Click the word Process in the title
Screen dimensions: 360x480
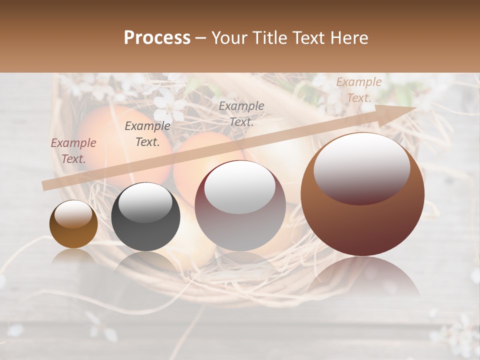tap(157, 38)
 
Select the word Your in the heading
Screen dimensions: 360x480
tap(228, 38)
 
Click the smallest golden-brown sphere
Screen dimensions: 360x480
tap(73, 224)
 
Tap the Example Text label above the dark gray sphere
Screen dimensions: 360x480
tap(147, 134)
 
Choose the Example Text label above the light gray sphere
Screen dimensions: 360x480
tap(241, 113)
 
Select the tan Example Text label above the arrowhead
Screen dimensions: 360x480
tap(359, 90)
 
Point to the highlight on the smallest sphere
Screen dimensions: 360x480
tap(73, 214)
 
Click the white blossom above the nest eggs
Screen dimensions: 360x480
tap(169, 106)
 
